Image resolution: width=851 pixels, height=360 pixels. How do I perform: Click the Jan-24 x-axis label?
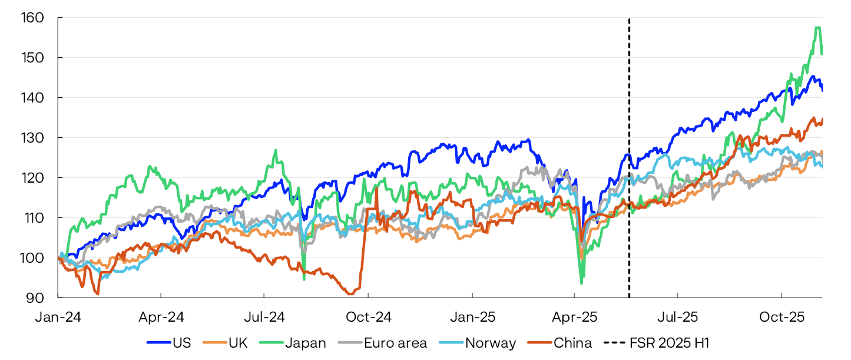click(x=58, y=316)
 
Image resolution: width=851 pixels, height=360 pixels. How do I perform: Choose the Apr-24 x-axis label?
click(x=161, y=316)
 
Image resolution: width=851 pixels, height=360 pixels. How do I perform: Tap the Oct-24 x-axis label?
click(x=369, y=316)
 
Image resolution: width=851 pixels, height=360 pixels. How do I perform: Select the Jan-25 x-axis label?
click(x=472, y=316)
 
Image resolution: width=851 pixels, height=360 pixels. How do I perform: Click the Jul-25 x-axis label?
click(x=678, y=316)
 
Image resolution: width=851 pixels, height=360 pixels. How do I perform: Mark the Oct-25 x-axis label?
click(x=782, y=316)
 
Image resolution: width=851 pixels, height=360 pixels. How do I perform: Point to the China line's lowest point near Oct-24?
click(x=351, y=293)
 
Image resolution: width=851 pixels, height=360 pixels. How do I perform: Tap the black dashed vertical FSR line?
click(x=629, y=177)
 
